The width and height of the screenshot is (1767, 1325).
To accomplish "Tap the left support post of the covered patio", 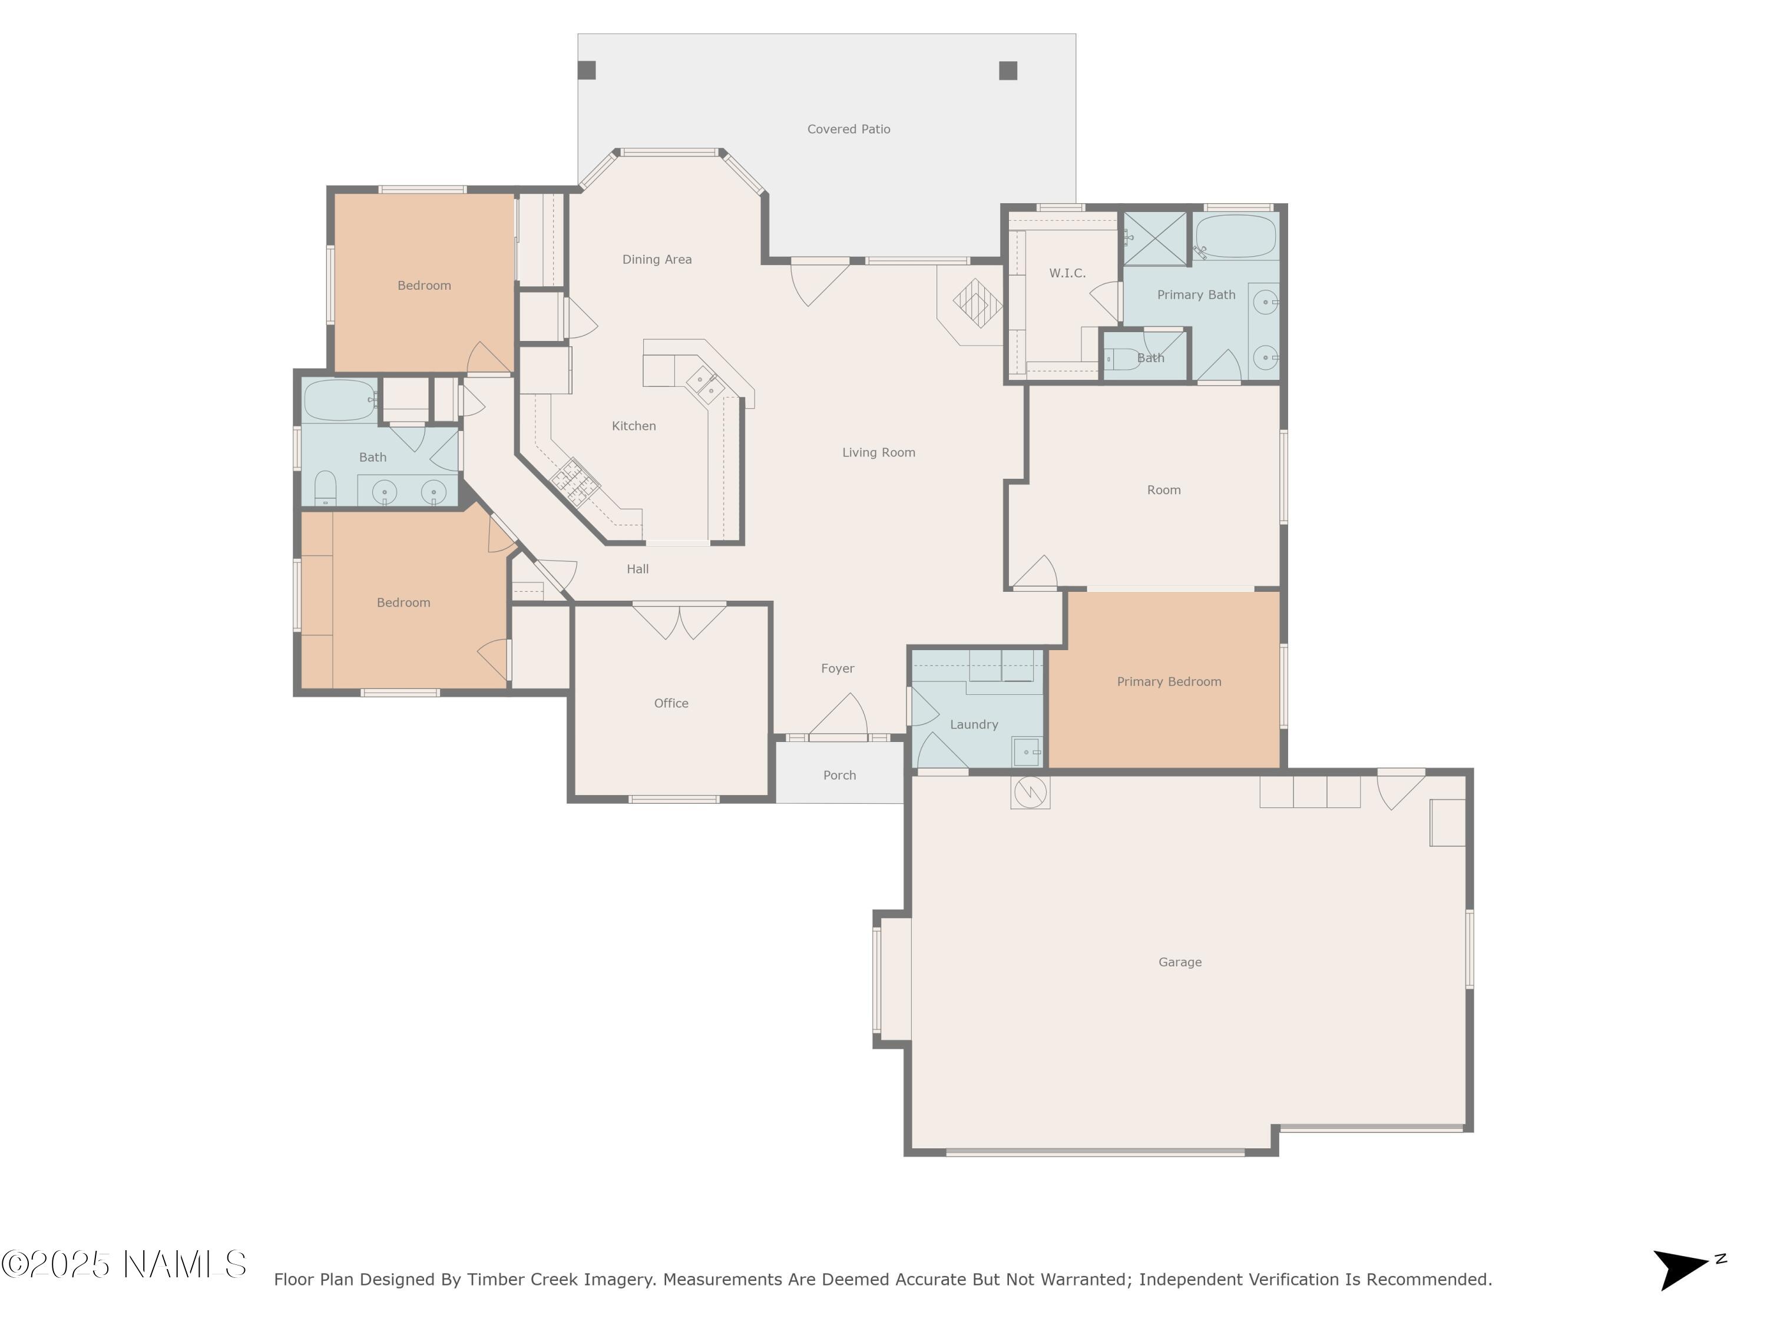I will (586, 70).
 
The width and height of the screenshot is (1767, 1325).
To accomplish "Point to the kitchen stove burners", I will (575, 482).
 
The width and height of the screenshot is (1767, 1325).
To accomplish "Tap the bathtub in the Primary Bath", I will (1235, 236).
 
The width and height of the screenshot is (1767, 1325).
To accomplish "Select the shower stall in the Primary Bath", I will (1155, 238).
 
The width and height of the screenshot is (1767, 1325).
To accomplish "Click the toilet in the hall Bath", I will (325, 488).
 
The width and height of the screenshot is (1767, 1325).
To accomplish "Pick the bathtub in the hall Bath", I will (339, 399).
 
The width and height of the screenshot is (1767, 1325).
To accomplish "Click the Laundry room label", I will (973, 724).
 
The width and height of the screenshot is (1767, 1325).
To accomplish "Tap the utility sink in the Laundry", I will (1027, 751).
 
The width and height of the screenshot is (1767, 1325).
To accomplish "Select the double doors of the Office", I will (679, 620).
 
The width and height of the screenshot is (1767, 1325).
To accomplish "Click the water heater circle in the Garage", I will (1030, 791).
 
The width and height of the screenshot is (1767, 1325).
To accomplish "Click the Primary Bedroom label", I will (1168, 681).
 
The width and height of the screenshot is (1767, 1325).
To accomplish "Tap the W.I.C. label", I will (1067, 273).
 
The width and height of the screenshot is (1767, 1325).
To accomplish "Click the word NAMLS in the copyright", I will (186, 1264).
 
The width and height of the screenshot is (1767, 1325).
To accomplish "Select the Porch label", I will (839, 775).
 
